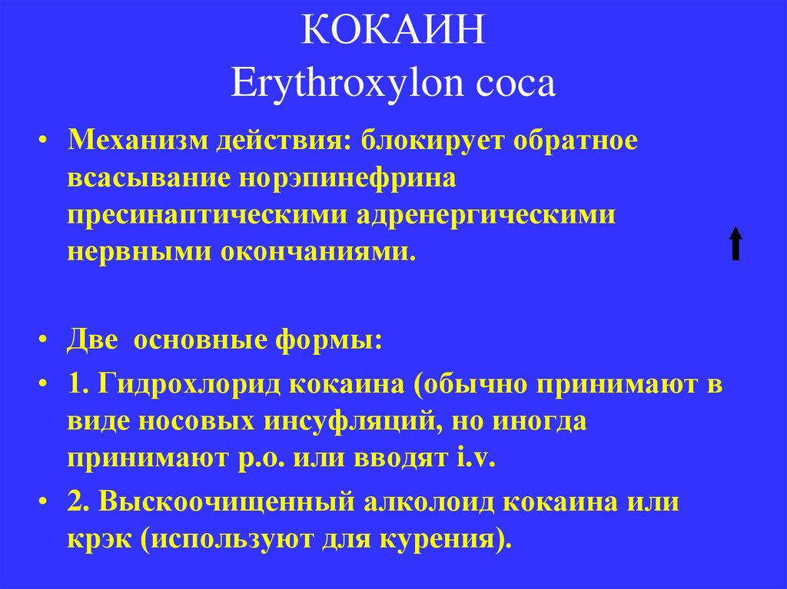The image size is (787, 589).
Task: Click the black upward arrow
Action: click(x=736, y=243)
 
